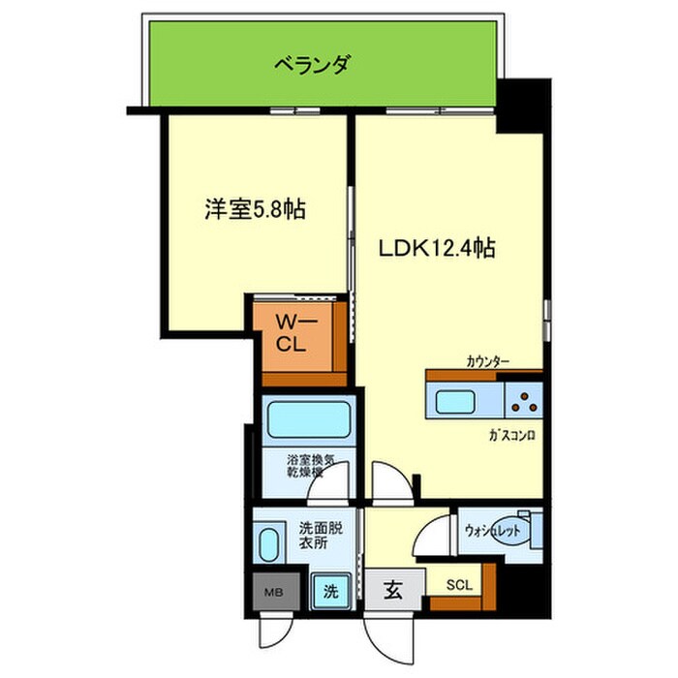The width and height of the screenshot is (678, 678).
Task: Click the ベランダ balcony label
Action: pyautogui.click(x=312, y=66)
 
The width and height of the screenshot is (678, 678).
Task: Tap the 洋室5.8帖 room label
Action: pyautogui.click(x=256, y=208)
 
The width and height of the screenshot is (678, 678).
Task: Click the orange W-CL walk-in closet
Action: pyautogui.click(x=296, y=336)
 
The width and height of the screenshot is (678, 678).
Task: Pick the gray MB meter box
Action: pyautogui.click(x=272, y=588)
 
